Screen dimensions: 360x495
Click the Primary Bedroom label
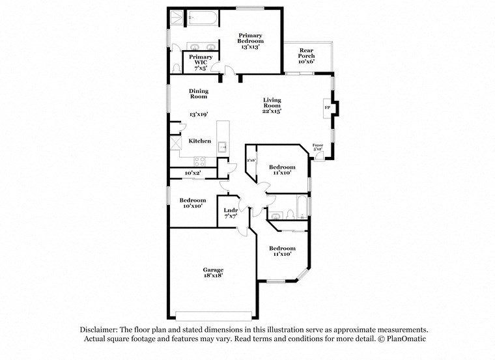tap(250, 40)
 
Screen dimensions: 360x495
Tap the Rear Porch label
tap(306, 53)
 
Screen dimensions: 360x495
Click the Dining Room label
tap(198, 94)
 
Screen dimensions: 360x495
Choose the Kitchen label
tap(199, 141)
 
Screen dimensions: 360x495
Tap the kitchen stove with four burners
tap(200, 161)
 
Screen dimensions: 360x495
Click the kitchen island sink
tap(221, 146)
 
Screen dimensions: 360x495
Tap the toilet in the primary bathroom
tap(177, 68)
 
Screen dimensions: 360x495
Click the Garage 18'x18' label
tap(213, 272)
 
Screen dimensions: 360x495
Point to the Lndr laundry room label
tap(231, 213)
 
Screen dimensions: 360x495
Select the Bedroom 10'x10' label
tap(192, 202)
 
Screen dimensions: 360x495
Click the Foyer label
tap(318, 146)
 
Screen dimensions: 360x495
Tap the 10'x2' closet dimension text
tap(192, 173)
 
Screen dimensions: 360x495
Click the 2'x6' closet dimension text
tap(250, 160)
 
